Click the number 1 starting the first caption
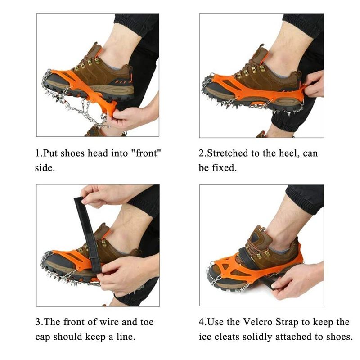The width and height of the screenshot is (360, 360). [x=37, y=153]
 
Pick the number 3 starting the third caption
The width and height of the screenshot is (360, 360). [x=38, y=322]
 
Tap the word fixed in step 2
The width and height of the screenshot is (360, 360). [x=223, y=167]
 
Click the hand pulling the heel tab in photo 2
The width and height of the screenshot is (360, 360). [x=314, y=84]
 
